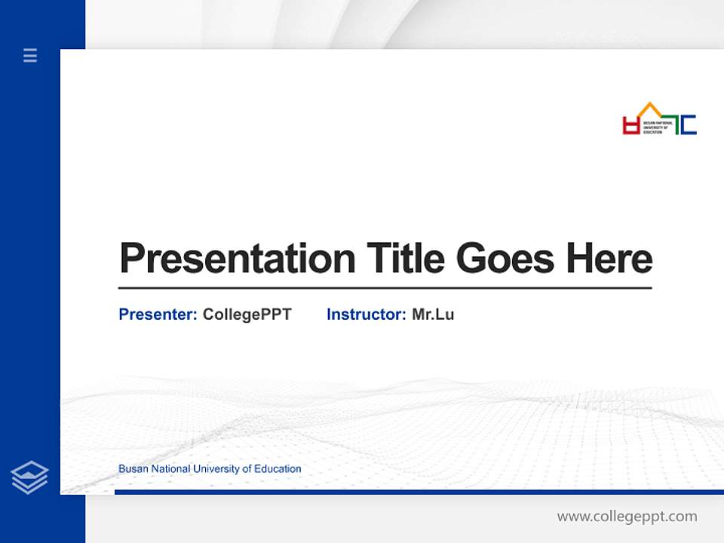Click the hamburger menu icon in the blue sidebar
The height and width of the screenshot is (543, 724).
tap(30, 55)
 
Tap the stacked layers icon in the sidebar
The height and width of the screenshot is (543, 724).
tap(30, 477)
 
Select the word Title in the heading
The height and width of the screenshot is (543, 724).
tap(405, 259)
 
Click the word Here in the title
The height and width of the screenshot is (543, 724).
tap(609, 259)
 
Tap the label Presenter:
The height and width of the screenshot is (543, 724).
tap(158, 314)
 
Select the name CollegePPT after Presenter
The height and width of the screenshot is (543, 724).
tap(247, 314)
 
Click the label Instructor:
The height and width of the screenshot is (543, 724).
tap(366, 314)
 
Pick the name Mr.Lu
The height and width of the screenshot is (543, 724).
tap(433, 314)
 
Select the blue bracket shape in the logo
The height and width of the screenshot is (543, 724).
tap(688, 124)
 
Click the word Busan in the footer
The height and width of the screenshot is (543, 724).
tap(133, 469)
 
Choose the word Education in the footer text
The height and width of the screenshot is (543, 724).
tap(278, 469)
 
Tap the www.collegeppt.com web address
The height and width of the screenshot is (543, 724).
tap(627, 517)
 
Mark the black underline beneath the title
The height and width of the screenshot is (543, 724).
tap(385, 288)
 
